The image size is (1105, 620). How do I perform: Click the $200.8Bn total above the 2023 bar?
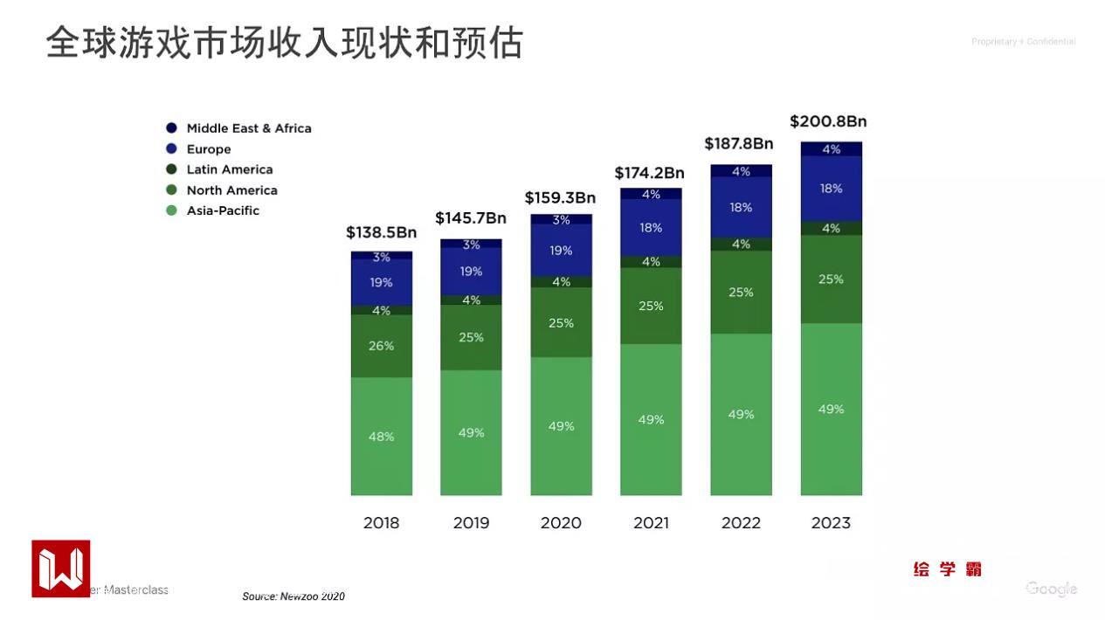[828, 121]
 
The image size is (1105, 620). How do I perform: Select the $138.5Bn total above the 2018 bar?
[381, 232]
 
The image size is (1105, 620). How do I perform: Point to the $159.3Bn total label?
[560, 198]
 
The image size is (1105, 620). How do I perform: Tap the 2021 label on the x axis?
[651, 523]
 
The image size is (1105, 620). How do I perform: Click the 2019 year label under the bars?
[471, 523]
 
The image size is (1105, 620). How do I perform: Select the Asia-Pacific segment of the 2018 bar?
[382, 437]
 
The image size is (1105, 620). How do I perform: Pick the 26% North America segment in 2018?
[382, 346]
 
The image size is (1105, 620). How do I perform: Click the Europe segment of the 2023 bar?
[831, 189]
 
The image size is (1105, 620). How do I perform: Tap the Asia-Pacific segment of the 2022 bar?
[741, 415]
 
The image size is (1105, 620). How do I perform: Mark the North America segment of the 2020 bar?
[561, 323]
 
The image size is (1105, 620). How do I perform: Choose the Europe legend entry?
[208, 149]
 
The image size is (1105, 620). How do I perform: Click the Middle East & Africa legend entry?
[248, 128]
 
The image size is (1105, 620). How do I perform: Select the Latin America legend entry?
[229, 169]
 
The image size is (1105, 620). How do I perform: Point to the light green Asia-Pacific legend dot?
[171, 210]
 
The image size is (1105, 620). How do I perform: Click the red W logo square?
[61, 568]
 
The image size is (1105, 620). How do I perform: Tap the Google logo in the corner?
[1051, 589]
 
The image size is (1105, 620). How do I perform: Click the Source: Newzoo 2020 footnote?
[294, 596]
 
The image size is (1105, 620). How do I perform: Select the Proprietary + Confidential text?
[1023, 42]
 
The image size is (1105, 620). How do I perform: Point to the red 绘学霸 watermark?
[948, 569]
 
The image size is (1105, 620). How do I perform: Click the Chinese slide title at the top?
[284, 42]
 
